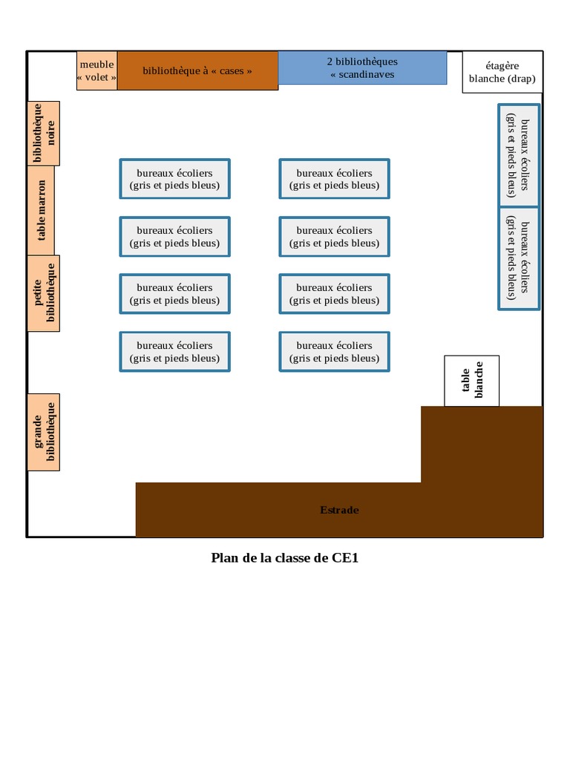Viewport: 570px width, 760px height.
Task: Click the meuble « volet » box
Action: click(96, 71)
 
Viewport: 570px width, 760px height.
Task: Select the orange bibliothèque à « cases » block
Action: click(197, 71)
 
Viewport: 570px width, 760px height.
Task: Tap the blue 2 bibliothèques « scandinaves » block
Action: click(362, 68)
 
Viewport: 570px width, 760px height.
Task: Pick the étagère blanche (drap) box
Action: click(502, 73)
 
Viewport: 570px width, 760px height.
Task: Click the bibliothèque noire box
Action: click(44, 134)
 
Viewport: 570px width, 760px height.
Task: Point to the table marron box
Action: click(44, 210)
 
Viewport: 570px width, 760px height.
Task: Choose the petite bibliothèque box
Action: click(44, 292)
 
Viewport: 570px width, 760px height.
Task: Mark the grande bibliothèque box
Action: click(44, 432)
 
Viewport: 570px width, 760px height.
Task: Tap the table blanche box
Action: click(471, 381)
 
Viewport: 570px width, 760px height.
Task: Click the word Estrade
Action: click(339, 510)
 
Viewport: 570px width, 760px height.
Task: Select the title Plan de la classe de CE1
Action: click(285, 558)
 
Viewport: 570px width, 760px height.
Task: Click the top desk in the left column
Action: click(174, 179)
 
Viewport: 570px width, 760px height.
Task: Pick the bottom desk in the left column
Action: click(174, 352)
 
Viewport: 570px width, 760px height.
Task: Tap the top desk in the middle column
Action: click(334, 179)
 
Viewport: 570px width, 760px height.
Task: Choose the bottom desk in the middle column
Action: click(334, 352)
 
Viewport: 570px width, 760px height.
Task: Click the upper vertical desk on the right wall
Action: click(518, 154)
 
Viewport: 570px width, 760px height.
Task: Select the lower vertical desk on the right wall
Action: click(518, 258)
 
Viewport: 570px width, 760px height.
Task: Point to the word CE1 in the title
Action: click(344, 558)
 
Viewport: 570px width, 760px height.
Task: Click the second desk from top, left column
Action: click(174, 237)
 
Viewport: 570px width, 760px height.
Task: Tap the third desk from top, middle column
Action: click(334, 294)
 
